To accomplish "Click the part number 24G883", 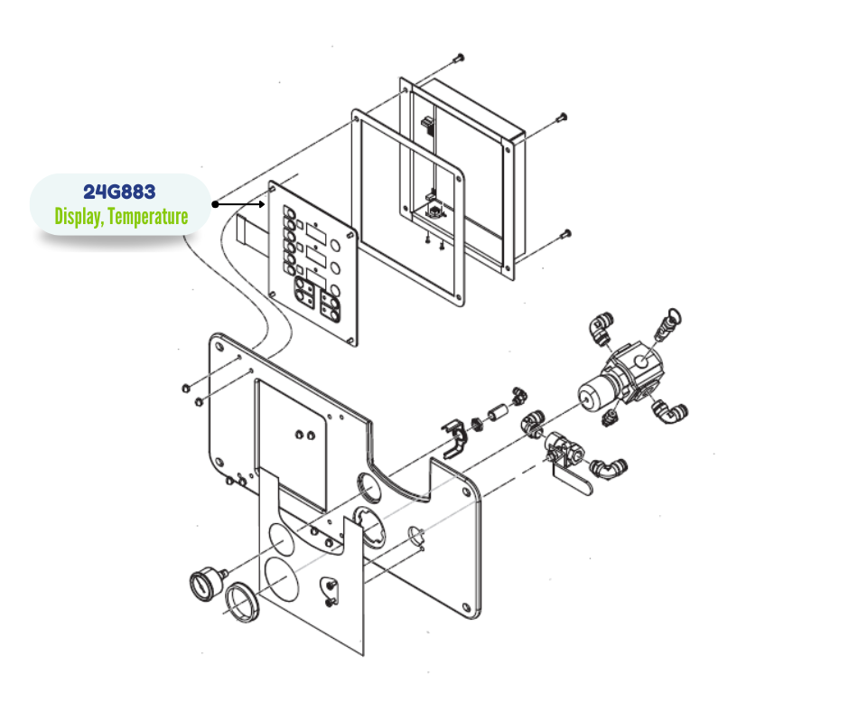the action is point(119,192).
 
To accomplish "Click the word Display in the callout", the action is point(79,217).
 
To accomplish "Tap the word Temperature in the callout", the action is point(148,216).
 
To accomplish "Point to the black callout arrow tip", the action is point(264,204).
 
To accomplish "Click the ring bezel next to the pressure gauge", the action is point(242,601).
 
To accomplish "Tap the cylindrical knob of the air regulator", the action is point(594,393).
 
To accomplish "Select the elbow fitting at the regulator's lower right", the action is point(670,412).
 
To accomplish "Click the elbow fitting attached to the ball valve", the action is point(609,468).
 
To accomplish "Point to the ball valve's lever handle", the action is point(573,482).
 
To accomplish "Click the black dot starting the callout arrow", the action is point(216,204).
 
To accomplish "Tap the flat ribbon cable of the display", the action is point(254,228).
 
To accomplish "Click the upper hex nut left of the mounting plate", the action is point(186,388).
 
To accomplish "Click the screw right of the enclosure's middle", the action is point(562,117).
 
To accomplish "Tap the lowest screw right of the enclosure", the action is point(565,235).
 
